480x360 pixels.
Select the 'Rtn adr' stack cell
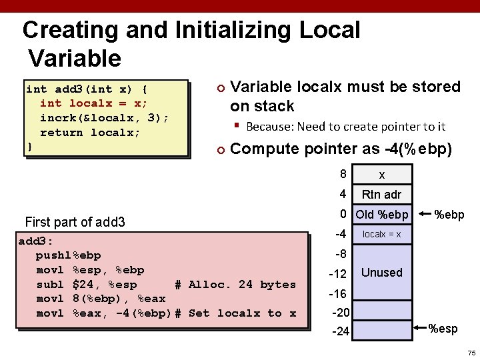[x=381, y=195]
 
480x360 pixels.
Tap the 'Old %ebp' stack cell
[x=382, y=215]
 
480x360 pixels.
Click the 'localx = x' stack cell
[x=381, y=234]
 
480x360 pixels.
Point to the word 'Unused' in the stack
[x=381, y=273]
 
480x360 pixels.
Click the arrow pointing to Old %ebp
[x=425, y=215]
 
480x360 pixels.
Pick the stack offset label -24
[x=340, y=331]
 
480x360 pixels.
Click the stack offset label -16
[x=338, y=294]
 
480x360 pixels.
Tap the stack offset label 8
[x=343, y=175]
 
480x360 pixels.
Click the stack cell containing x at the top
[x=381, y=175]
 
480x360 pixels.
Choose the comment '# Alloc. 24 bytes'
[x=235, y=285]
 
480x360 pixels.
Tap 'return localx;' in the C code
[x=90, y=132]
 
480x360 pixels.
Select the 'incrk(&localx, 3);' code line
[x=104, y=117]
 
